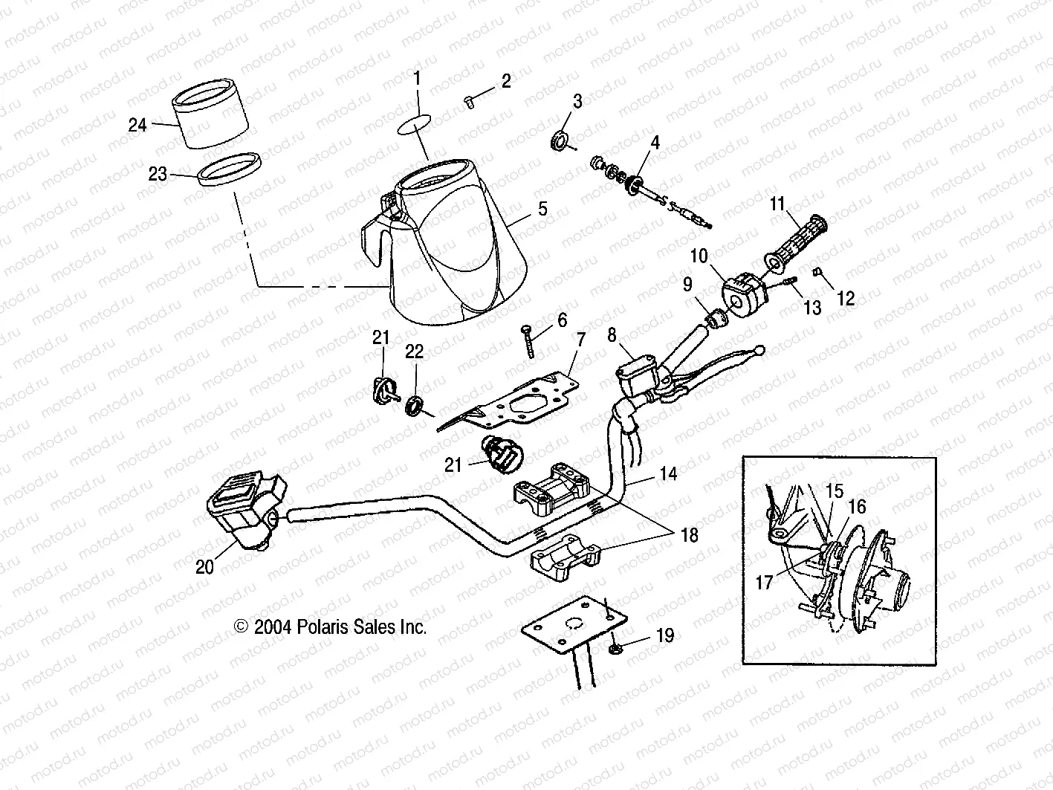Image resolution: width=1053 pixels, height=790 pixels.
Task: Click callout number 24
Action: click(x=137, y=125)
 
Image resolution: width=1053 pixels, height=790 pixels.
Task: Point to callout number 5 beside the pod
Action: click(x=543, y=209)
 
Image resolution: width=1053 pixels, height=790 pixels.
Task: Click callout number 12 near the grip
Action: click(x=845, y=298)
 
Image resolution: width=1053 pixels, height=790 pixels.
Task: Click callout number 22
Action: click(x=414, y=352)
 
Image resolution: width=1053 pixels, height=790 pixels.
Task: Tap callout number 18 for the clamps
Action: click(x=689, y=535)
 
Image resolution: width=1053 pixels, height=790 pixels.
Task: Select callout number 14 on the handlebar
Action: click(x=669, y=473)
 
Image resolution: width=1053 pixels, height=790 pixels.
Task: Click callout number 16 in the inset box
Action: click(x=857, y=507)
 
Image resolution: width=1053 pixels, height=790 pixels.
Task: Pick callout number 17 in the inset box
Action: click(x=765, y=583)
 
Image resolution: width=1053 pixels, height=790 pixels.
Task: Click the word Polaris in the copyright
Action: click(x=322, y=627)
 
